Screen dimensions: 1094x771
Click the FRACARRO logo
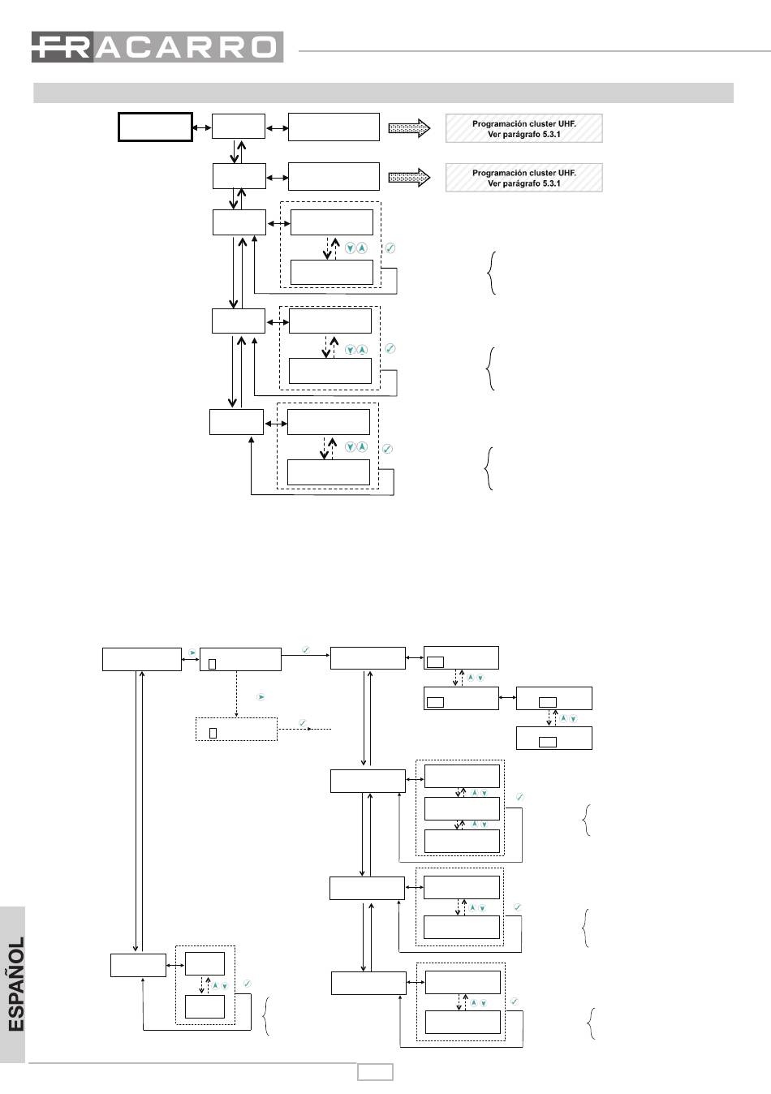pos(157,47)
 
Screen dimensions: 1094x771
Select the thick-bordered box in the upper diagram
pos(155,127)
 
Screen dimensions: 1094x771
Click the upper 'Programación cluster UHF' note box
pos(523,128)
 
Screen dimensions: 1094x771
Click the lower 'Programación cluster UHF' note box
pos(523,178)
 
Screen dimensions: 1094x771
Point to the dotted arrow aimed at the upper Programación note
pos(409,128)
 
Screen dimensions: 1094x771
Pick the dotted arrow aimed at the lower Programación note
pos(409,178)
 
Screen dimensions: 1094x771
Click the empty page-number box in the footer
pos(375,1073)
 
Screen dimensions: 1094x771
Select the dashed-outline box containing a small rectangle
pos(236,730)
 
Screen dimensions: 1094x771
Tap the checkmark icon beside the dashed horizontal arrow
pos(303,722)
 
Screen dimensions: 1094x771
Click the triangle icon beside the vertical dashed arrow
pos(261,697)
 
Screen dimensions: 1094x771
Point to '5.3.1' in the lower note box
pos(549,183)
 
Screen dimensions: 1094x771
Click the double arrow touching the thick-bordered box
pos(202,127)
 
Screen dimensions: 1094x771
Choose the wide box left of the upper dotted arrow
pos(334,127)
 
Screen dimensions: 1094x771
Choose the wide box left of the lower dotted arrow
pos(334,176)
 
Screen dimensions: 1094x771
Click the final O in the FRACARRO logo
pos(263,47)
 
